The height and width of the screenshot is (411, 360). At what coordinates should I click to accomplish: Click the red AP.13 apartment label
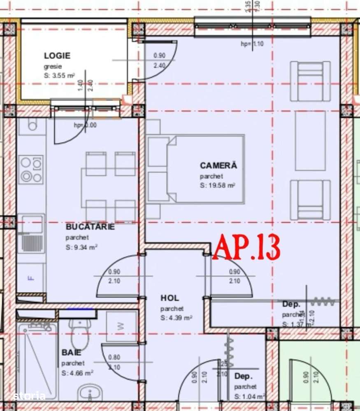coord(246,247)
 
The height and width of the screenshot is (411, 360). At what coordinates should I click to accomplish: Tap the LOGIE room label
coord(57,56)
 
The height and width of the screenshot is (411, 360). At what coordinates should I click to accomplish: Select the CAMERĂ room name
coord(218,166)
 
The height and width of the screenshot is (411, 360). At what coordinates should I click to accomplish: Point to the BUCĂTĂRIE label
coord(90,227)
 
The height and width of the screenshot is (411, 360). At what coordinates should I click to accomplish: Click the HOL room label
coord(170,298)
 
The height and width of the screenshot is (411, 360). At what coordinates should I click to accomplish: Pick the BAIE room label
coord(71,353)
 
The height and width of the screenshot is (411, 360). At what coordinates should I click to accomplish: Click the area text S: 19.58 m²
coord(218,186)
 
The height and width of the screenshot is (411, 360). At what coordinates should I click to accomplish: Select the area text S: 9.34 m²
coord(81,247)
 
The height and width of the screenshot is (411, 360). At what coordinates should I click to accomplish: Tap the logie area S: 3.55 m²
coord(59,76)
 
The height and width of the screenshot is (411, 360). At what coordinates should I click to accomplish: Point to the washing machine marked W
coord(121,326)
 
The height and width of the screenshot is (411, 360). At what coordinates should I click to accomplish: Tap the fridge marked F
coord(31,278)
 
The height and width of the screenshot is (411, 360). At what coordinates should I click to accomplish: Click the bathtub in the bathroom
coord(38,360)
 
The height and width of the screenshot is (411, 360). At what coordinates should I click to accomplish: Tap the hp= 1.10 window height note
coord(252,44)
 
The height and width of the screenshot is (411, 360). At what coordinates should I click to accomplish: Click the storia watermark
coord(29,396)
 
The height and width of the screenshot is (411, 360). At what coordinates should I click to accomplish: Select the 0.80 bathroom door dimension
coord(114,357)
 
